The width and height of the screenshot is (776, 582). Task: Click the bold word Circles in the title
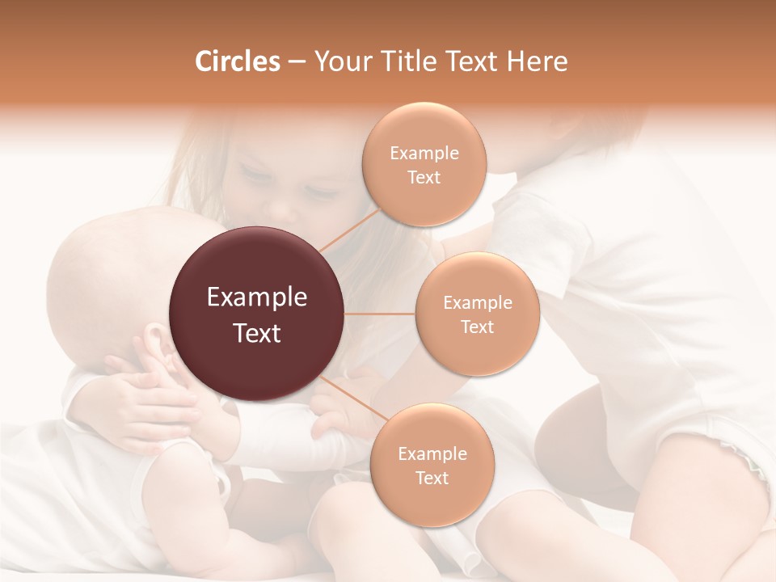pos(237,61)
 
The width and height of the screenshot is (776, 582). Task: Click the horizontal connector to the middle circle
pos(380,314)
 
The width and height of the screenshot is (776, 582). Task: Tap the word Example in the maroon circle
pos(257,297)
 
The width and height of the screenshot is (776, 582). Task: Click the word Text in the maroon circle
pos(257,333)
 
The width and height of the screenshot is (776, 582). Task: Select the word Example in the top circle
pos(424,154)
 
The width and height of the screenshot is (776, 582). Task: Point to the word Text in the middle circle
pos(478,327)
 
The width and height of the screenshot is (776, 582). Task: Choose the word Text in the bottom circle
pos(432,478)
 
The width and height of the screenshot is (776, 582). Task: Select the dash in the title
pos(296,61)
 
